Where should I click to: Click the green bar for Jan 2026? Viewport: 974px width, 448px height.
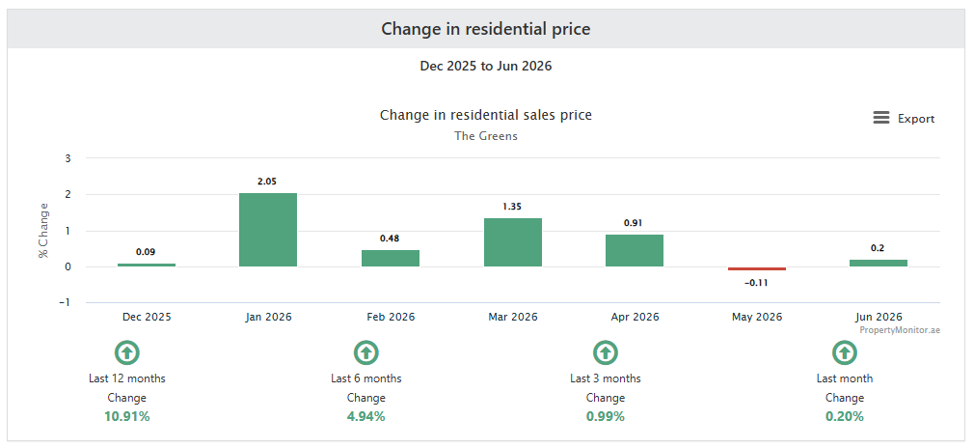click(x=268, y=230)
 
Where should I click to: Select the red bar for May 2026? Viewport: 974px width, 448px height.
click(x=757, y=268)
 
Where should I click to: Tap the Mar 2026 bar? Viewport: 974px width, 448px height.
click(x=513, y=242)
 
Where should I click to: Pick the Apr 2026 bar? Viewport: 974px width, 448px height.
click(x=635, y=251)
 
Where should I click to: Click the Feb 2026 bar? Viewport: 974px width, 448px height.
click(x=391, y=258)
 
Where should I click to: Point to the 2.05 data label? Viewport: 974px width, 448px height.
click(x=268, y=182)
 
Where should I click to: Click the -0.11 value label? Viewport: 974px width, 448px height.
click(x=757, y=283)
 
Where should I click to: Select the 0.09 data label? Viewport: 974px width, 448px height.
click(x=146, y=252)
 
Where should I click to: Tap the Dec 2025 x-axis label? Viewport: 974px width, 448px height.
click(x=147, y=317)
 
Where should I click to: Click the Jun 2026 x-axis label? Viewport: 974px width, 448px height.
click(x=879, y=317)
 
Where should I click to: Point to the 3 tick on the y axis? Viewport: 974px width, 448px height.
click(x=68, y=158)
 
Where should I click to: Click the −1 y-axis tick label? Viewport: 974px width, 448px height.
click(x=66, y=302)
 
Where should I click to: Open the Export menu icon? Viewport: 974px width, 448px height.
click(x=880, y=118)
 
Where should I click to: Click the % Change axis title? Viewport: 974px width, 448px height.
click(x=43, y=230)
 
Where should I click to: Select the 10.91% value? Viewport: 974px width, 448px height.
click(x=127, y=416)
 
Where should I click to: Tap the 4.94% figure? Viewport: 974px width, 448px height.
click(x=365, y=416)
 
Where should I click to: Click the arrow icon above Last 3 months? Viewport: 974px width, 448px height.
click(x=605, y=352)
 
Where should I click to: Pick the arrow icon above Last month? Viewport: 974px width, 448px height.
click(x=844, y=352)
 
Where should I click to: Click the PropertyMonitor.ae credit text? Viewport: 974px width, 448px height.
click(x=900, y=330)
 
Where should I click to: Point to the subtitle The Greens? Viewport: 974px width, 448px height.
click(x=486, y=135)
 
